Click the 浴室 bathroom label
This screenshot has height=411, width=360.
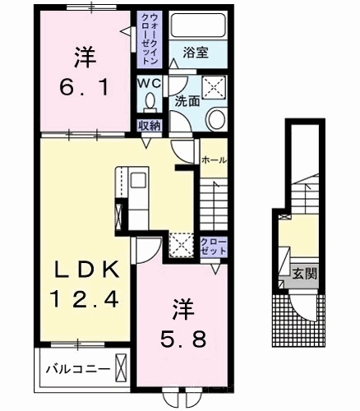[x=196, y=53]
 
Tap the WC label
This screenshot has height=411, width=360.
[x=149, y=83]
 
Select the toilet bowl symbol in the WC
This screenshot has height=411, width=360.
[x=150, y=103]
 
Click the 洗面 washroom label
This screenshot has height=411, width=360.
[x=187, y=101]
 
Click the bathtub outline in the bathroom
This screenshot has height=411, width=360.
[x=198, y=25]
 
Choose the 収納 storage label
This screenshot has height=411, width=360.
[x=150, y=126]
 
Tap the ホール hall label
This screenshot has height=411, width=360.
[x=215, y=159]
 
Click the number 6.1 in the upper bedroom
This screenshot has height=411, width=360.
[x=85, y=88]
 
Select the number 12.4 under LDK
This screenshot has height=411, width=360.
[x=84, y=299]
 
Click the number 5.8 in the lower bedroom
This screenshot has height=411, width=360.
[x=182, y=339]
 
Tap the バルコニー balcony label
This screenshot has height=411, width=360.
[x=78, y=369]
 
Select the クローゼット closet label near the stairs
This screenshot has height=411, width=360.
[x=214, y=247]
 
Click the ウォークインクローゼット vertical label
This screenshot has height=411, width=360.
[x=150, y=39]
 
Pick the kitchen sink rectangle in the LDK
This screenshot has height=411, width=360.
[x=139, y=180]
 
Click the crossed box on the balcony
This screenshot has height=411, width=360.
[x=121, y=367]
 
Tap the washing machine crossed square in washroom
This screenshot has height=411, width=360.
[x=214, y=87]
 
